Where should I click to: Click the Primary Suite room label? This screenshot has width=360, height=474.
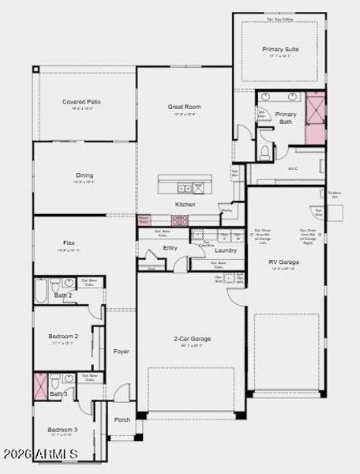click(281, 49)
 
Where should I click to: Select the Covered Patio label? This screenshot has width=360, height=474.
click(82, 102)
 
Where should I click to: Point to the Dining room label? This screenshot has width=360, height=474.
click(84, 175)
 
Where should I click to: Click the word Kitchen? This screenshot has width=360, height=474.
click(186, 204)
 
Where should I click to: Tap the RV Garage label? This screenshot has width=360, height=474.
click(282, 262)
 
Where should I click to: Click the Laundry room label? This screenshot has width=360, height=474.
click(227, 251)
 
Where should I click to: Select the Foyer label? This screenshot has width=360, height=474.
click(121, 351)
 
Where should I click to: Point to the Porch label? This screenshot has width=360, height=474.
click(122, 419)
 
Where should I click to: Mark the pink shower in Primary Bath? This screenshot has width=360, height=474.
click(315, 118)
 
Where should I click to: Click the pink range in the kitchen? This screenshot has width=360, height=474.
click(180, 220)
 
